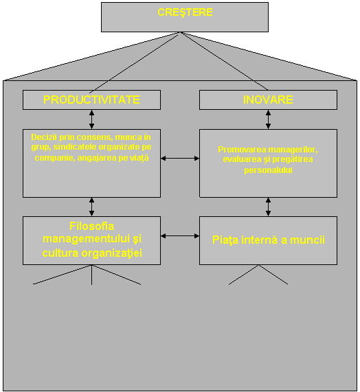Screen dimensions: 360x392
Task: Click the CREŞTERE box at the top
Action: pos(185,17)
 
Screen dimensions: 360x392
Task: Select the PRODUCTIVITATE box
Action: pos(91,100)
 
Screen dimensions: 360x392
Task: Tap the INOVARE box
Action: pos(268,100)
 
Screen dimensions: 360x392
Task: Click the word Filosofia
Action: pos(92,227)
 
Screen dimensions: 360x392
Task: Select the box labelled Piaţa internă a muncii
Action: pos(268,240)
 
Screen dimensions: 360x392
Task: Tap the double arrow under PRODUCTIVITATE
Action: pos(91,119)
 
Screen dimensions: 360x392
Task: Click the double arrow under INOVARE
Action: pos(268,119)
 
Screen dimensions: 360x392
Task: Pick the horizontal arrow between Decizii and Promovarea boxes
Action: pos(180,159)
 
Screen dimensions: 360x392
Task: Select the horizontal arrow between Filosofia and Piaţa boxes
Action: pos(180,235)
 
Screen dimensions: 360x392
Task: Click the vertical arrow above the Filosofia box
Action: pos(91,207)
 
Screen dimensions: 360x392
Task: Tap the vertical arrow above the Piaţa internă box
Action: pos(268,207)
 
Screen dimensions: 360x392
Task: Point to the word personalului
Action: pos(268,170)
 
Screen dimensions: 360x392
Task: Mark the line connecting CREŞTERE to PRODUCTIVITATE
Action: pos(134,63)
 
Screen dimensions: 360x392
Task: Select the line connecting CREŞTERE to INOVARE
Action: pos(224,61)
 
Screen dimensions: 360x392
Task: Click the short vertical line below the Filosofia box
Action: pos(91,275)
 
